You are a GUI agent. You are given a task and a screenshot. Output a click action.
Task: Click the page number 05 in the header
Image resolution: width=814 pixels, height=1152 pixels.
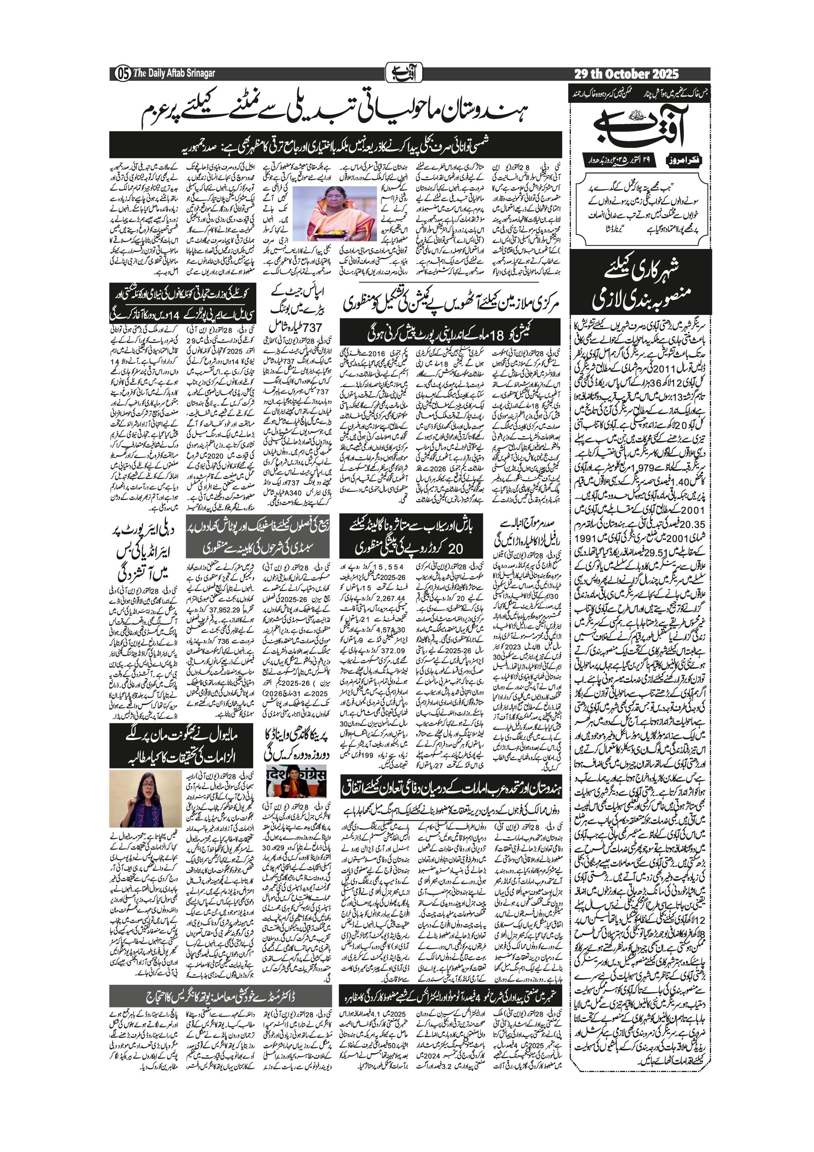pyautogui.click(x=122, y=73)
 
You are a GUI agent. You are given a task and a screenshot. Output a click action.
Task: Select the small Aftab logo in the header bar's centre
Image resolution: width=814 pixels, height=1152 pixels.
pyautogui.click(x=404, y=73)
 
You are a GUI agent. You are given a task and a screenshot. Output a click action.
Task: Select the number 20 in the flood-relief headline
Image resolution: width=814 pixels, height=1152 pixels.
pyautogui.click(x=455, y=548)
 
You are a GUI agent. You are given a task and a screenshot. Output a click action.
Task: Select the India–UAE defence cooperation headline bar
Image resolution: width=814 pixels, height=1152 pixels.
pyautogui.click(x=452, y=788)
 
